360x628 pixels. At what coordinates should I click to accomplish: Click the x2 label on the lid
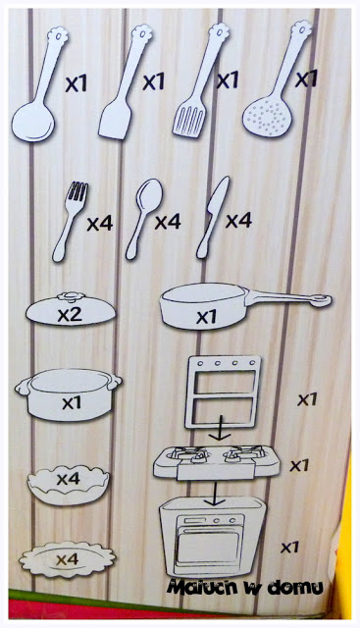(70, 314)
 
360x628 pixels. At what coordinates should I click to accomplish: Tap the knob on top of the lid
(71, 296)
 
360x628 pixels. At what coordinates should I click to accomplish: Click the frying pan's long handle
(288, 298)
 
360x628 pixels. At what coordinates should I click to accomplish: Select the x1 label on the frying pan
(206, 317)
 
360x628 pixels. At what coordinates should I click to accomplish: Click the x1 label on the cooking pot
(72, 402)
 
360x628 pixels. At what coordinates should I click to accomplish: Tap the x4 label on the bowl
(68, 478)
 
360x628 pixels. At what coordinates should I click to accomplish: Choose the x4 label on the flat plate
(67, 559)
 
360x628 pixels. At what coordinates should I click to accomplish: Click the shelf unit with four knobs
(223, 392)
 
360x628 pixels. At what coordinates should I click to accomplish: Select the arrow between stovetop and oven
(215, 494)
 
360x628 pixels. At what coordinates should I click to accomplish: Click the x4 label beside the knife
(238, 220)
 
